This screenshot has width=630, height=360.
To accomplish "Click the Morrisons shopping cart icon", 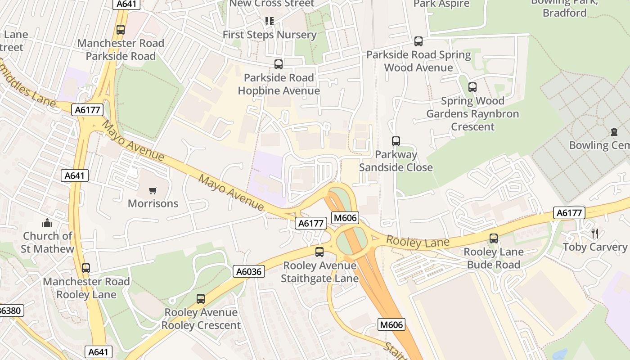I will [153, 190].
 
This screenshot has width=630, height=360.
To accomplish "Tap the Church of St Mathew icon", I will [47, 223].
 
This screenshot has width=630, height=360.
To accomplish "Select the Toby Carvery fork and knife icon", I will [595, 233].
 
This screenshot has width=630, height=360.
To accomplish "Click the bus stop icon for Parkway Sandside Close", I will [396, 141].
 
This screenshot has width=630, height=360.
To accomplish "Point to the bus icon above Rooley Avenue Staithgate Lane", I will [319, 252].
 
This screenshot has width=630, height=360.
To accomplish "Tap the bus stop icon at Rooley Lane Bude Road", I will [494, 238].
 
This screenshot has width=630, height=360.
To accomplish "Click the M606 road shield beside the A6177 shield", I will [345, 218].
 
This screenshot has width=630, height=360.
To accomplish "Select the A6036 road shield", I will [249, 271].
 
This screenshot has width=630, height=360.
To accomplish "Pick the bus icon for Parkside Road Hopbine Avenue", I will [279, 64].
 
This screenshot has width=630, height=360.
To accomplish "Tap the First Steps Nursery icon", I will [270, 21].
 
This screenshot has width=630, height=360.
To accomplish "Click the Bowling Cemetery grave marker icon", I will [614, 132].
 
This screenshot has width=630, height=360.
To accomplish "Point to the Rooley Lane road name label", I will [418, 243].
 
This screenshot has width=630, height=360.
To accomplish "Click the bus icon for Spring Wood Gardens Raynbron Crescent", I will [472, 87].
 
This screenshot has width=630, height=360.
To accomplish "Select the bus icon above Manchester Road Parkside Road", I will [121, 30].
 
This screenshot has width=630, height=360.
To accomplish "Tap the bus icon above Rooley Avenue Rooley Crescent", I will [201, 299].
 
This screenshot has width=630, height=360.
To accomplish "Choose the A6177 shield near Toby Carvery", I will [569, 212].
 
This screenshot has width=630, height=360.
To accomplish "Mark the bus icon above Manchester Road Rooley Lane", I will [86, 268].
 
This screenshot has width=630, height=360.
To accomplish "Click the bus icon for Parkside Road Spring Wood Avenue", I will [418, 41].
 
